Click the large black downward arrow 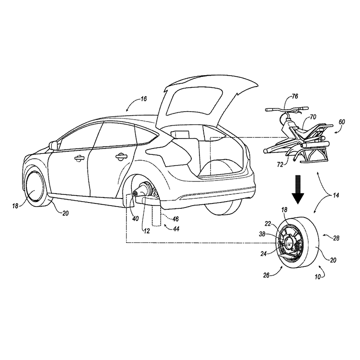298,189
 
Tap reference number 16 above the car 144,99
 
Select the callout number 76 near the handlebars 295,96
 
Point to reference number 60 342,122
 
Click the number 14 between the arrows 336,195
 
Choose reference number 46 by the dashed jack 175,219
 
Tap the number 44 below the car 176,229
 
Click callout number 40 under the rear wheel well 135,219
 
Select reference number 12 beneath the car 147,231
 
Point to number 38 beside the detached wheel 262,234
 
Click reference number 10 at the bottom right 318,277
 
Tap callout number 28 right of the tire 336,238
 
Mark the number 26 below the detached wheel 266,275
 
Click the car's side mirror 53,145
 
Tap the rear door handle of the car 121,156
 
